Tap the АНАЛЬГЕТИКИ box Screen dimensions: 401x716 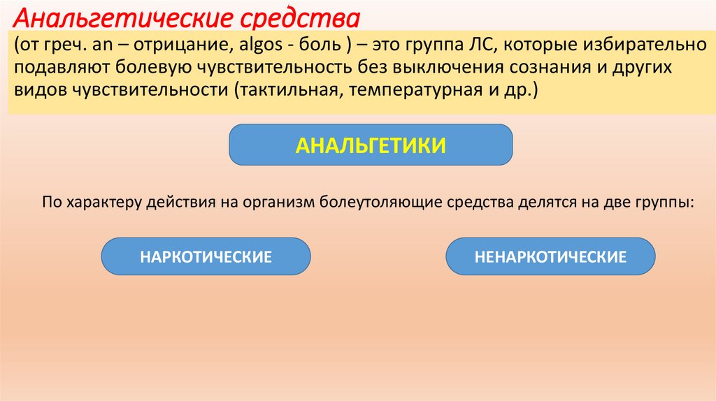point(371,145)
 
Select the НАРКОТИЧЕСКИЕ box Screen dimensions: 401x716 point(206,256)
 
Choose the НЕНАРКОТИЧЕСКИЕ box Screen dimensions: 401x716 point(550,256)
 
